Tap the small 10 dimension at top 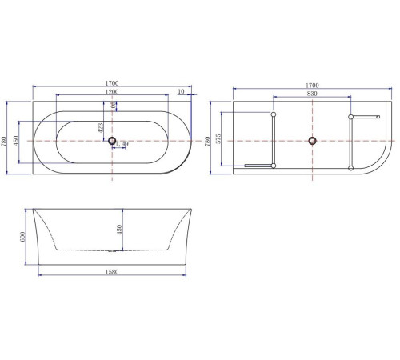182,92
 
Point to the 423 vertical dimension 99,127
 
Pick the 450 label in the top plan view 18,141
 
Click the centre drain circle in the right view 313,141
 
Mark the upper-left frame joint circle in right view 274,117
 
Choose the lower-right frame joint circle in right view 350,166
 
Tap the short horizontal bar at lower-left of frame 258,166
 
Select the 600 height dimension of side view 23,237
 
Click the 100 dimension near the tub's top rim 114,105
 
